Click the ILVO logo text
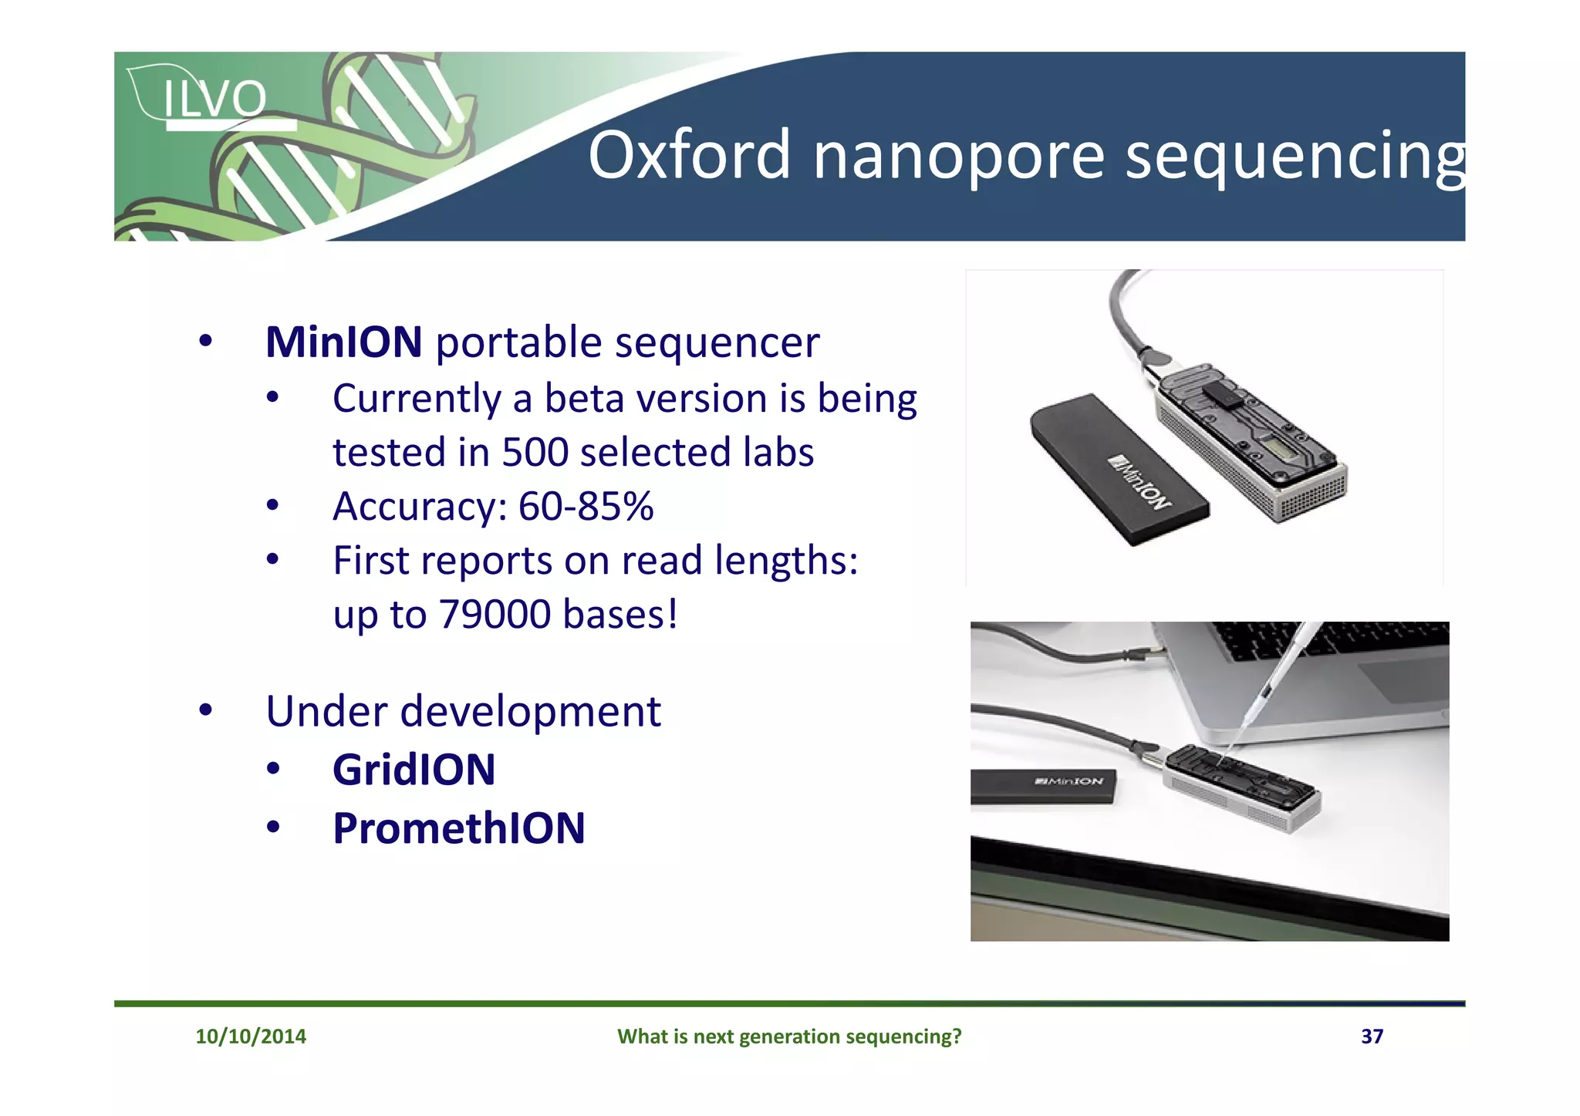pyautogui.click(x=214, y=99)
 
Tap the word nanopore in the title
pyautogui.click(x=959, y=157)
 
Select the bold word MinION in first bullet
pyautogui.click(x=343, y=342)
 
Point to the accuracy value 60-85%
pyautogui.click(x=586, y=507)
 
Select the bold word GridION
pyautogui.click(x=414, y=770)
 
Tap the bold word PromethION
pyautogui.click(x=458, y=828)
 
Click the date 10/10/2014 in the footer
pyautogui.click(x=251, y=1036)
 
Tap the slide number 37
pyautogui.click(x=1371, y=1036)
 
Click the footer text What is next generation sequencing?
pyautogui.click(x=788, y=1036)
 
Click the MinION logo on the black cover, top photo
pyautogui.click(x=1139, y=483)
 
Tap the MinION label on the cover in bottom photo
pyautogui.click(x=1069, y=781)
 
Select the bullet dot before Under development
pyautogui.click(x=205, y=710)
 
